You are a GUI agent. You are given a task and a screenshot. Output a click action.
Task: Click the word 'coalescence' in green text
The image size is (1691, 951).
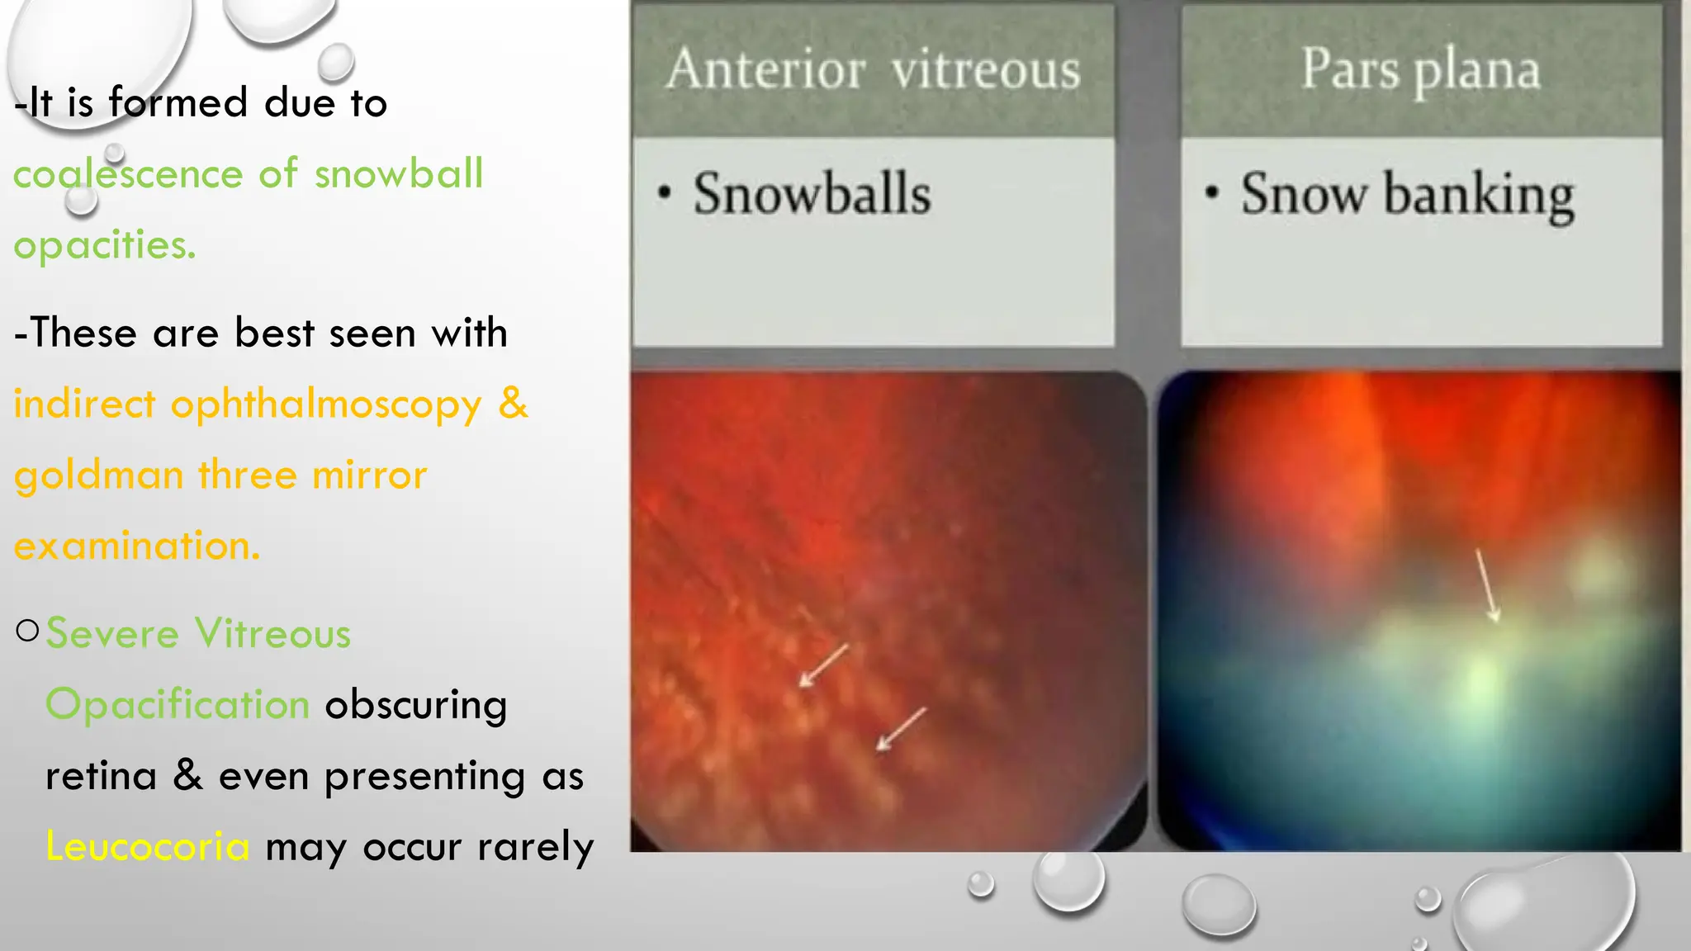pyautogui.click(x=128, y=174)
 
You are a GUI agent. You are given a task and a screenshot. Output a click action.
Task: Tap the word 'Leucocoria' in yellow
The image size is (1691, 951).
pyautogui.click(x=147, y=847)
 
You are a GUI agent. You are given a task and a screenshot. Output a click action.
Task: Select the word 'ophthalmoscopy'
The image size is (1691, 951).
pyautogui.click(x=326, y=405)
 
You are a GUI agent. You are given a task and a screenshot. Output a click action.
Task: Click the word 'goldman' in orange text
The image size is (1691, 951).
pyautogui.click(x=98, y=476)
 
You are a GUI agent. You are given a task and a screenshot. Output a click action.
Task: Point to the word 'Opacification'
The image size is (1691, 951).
pyautogui.click(x=178, y=705)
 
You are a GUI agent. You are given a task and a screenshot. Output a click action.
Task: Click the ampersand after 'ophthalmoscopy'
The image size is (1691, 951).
pyautogui.click(x=513, y=403)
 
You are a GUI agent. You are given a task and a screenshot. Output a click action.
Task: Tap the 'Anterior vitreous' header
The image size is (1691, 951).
pyautogui.click(x=873, y=69)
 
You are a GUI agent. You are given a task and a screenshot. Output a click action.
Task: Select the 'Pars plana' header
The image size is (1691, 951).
pyautogui.click(x=1420, y=69)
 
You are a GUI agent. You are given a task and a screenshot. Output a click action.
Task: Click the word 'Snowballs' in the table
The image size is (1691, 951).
pyautogui.click(x=812, y=194)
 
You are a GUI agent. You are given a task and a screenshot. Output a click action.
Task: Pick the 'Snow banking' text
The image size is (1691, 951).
pyautogui.click(x=1407, y=196)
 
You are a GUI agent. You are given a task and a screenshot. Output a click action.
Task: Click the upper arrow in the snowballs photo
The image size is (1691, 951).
pyautogui.click(x=824, y=665)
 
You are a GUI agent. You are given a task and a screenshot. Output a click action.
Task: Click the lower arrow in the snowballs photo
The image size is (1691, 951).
pyautogui.click(x=901, y=730)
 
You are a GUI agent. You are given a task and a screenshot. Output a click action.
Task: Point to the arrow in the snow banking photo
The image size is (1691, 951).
pyautogui.click(x=1488, y=586)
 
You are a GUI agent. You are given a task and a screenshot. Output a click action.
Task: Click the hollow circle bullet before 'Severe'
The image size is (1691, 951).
pyautogui.click(x=27, y=632)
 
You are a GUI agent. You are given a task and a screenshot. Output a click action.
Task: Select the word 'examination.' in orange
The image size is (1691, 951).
pyautogui.click(x=137, y=546)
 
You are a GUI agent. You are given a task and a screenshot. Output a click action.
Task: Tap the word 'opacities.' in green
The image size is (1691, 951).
pyautogui.click(x=105, y=245)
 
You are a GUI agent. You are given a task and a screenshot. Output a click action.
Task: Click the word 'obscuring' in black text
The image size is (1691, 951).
pyautogui.click(x=415, y=705)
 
